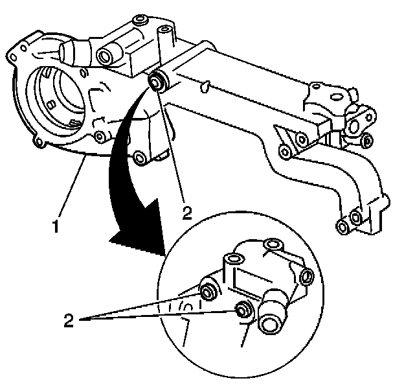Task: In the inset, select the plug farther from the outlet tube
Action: (210, 289)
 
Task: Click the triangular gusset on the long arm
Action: (280, 137)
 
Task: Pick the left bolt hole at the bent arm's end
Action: (342, 226)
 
